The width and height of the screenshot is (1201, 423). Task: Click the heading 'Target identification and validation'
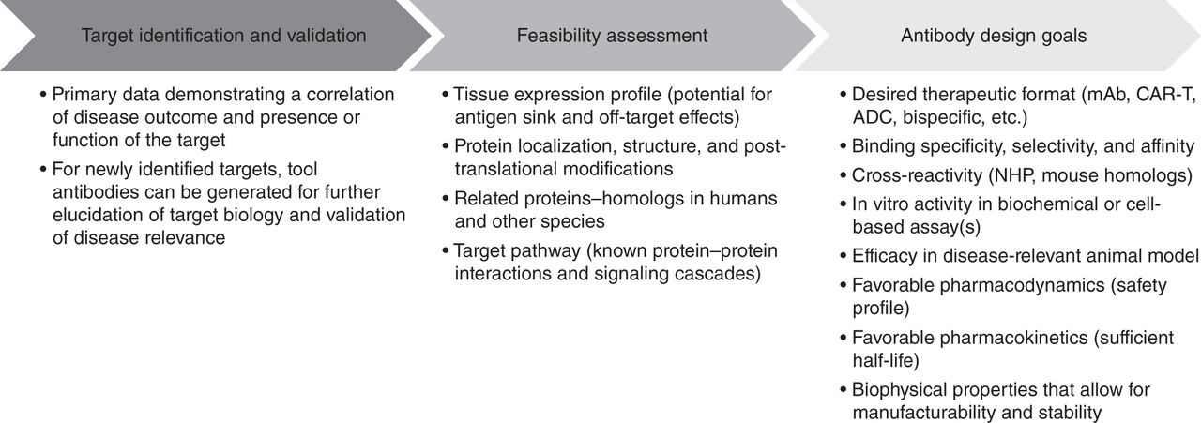tap(223, 36)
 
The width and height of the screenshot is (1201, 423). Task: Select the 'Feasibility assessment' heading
tap(612, 36)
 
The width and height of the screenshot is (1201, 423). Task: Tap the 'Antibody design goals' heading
tap(994, 36)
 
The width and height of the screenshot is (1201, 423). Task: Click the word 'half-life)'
tap(886, 360)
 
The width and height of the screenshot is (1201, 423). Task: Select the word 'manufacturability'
tap(924, 413)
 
